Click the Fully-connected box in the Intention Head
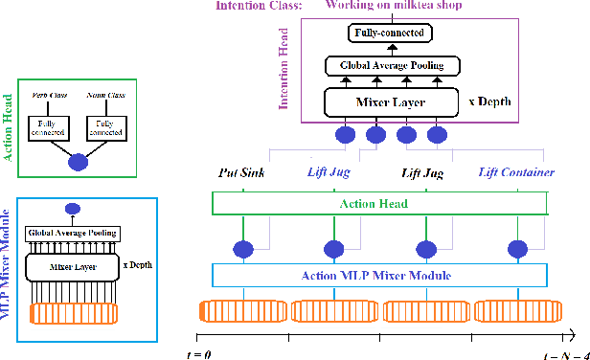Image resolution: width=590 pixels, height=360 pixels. [390, 34]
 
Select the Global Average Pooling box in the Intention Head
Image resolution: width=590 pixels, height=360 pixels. [390, 66]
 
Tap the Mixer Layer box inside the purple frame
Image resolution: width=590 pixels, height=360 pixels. [389, 100]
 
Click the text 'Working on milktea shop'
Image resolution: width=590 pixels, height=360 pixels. [393, 6]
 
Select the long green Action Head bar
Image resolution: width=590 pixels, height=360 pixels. [379, 203]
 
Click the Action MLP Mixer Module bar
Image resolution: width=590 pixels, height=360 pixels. [379, 276]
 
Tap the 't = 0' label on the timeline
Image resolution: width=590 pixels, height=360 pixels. [197, 352]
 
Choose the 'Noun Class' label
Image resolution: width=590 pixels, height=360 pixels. [104, 96]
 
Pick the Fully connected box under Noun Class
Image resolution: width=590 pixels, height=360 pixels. [104, 128]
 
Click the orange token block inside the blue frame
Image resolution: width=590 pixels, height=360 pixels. [73, 313]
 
